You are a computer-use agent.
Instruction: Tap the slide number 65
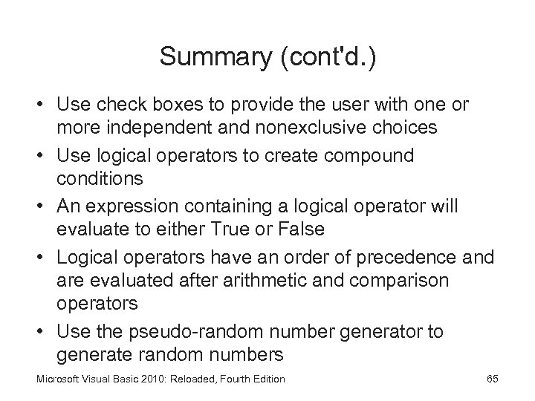(492, 379)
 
